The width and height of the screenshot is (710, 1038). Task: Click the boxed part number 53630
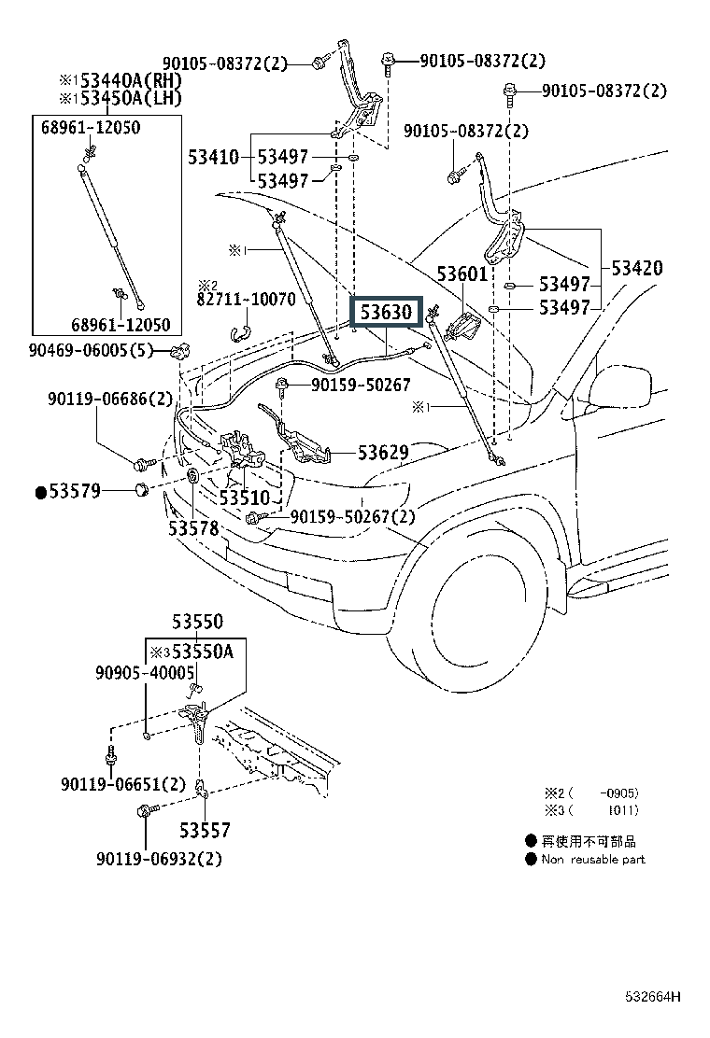pyautogui.click(x=386, y=312)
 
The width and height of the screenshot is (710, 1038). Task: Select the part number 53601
pyautogui.click(x=462, y=274)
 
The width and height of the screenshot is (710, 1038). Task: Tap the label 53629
pyautogui.click(x=383, y=453)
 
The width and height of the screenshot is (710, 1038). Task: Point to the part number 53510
pyautogui.click(x=245, y=498)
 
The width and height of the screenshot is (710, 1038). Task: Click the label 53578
pyautogui.click(x=193, y=528)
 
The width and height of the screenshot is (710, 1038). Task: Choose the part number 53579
pyautogui.click(x=75, y=491)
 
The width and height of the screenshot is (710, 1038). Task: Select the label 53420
pyautogui.click(x=637, y=268)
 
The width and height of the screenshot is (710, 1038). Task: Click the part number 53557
pyautogui.click(x=205, y=830)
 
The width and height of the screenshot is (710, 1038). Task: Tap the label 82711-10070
pyautogui.click(x=247, y=300)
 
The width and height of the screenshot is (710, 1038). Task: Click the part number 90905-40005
pyautogui.click(x=144, y=672)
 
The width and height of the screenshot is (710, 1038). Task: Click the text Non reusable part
pyautogui.click(x=593, y=859)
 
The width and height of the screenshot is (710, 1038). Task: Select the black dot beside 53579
pyautogui.click(x=41, y=492)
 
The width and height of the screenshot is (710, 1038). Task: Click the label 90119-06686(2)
pyautogui.click(x=110, y=399)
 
